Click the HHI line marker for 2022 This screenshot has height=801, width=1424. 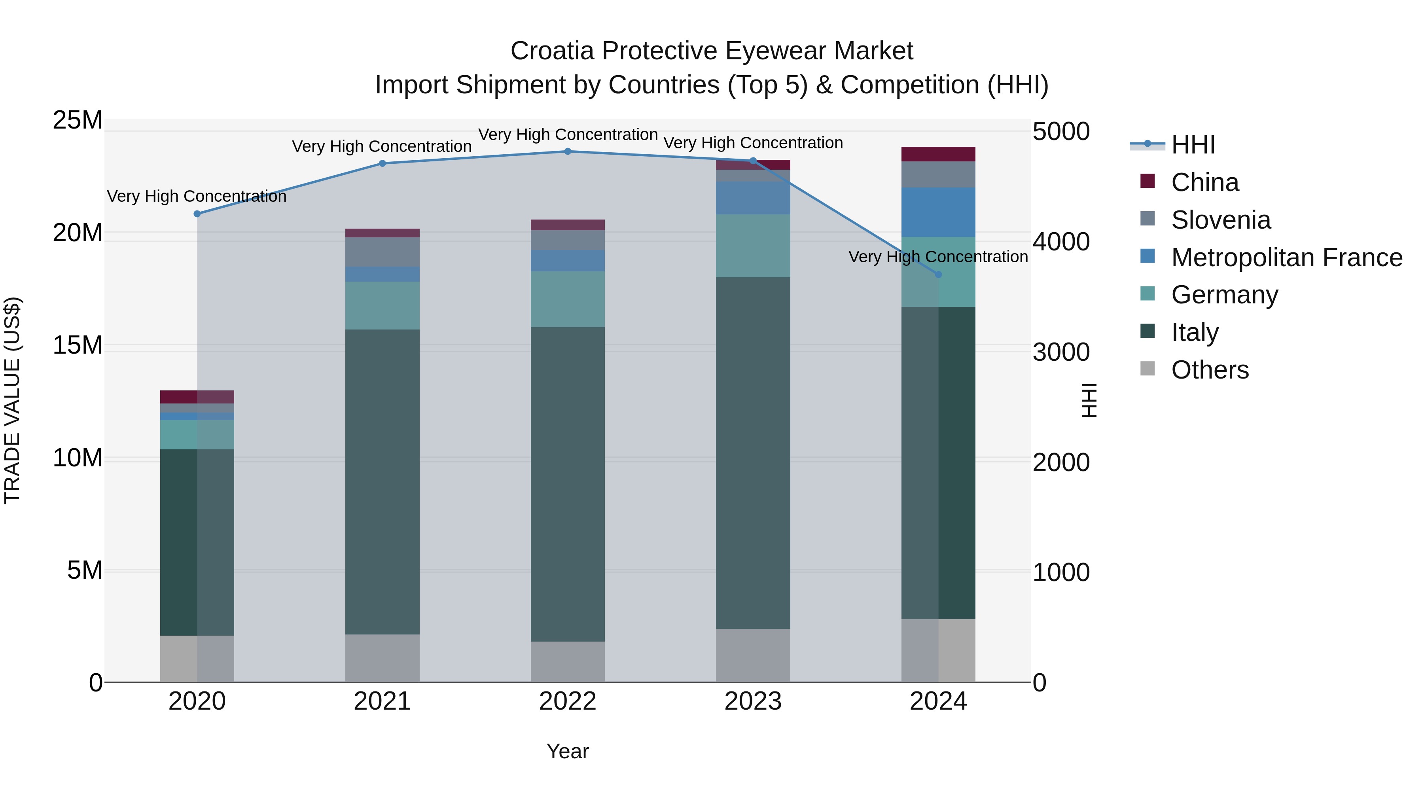pos(567,151)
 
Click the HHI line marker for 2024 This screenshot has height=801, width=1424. pos(938,274)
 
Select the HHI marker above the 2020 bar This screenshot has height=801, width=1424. pos(197,214)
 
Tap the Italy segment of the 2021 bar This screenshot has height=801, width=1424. pos(382,481)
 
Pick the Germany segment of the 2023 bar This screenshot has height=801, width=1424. pos(752,246)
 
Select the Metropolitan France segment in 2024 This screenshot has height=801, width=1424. pos(938,212)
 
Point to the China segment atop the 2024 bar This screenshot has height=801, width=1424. pos(938,154)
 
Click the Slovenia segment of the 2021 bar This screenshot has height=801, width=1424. pos(382,252)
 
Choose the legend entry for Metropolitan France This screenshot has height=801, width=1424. pos(1286,258)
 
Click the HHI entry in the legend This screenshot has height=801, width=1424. pos(1193,145)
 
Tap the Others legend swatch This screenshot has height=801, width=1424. pos(1148,369)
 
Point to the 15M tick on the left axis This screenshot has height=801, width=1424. pos(78,345)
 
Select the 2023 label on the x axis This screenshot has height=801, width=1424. pos(752,701)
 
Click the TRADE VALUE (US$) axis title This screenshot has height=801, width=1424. pos(12,400)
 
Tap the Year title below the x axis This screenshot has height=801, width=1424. pos(567,751)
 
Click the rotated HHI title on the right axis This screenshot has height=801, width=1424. pos(1088,400)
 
